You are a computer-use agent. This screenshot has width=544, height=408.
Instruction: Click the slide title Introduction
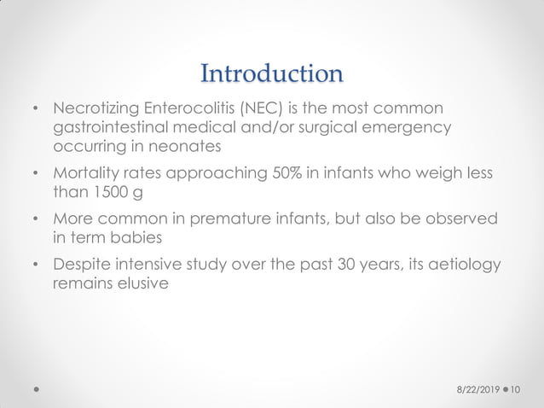click(x=271, y=73)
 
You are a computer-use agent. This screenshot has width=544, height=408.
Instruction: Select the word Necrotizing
click(x=96, y=109)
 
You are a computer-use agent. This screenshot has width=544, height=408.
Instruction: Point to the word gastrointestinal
click(x=115, y=128)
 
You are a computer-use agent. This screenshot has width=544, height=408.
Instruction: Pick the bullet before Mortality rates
click(x=36, y=175)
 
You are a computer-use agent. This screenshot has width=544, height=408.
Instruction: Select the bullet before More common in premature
click(x=36, y=220)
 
